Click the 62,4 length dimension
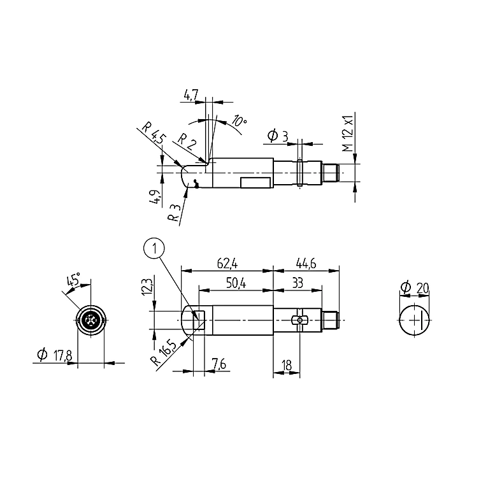click(227, 264)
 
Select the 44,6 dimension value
click(306, 264)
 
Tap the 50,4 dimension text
click(236, 283)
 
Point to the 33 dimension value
click(298, 283)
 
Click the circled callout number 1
click(155, 248)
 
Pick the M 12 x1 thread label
click(348, 133)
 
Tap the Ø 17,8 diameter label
click(55, 355)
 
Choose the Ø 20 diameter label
click(415, 287)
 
